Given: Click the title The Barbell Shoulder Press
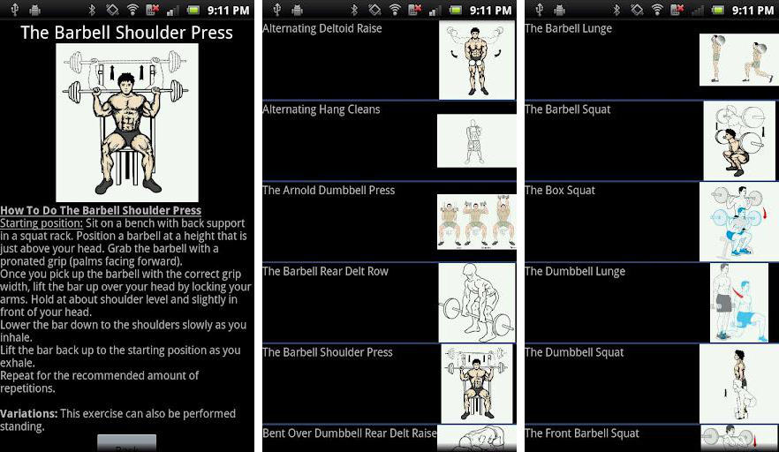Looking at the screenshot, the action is (x=126, y=33).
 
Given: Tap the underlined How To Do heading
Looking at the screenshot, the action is (x=101, y=211).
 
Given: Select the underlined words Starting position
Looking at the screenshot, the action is (x=42, y=223).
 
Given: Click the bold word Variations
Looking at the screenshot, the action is (x=29, y=413).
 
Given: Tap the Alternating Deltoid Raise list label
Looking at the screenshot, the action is (x=321, y=28).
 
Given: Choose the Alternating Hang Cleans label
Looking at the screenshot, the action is (x=321, y=109).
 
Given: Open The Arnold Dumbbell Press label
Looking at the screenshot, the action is (x=329, y=190).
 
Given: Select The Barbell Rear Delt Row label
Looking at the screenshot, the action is (x=325, y=271).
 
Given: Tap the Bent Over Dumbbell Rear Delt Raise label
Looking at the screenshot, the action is (x=349, y=433).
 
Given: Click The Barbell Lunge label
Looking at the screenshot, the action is (x=569, y=28).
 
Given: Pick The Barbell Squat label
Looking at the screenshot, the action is (x=567, y=109).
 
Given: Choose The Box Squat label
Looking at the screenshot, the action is (x=560, y=190).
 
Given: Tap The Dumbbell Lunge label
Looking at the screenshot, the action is (x=575, y=271).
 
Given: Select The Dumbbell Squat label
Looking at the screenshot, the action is (x=574, y=352).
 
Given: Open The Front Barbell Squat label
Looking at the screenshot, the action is (x=582, y=433).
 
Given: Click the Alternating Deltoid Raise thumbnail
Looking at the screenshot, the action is (x=477, y=60).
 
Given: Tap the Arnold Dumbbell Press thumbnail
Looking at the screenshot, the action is (x=476, y=222).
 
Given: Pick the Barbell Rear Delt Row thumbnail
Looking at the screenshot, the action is (x=477, y=303).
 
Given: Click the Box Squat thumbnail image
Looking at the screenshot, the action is (x=738, y=222).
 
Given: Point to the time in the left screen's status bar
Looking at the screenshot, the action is (x=228, y=10).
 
